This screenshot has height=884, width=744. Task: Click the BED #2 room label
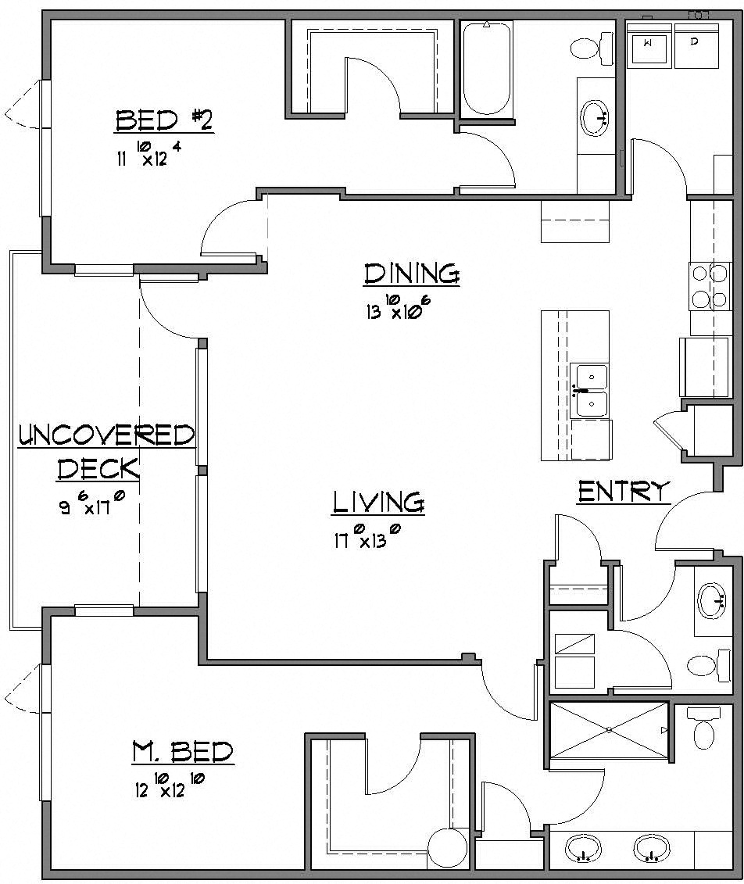click(x=164, y=121)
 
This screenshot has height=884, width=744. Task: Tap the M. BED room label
click(x=181, y=753)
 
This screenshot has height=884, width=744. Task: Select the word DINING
click(x=411, y=274)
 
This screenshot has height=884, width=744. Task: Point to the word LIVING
click(x=379, y=502)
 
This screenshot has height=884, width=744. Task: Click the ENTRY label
click(x=624, y=492)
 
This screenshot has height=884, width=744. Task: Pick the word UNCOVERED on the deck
click(x=106, y=435)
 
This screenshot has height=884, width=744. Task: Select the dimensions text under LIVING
click(x=367, y=539)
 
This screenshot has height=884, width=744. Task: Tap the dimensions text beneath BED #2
click(x=149, y=156)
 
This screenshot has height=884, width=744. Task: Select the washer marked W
click(x=649, y=45)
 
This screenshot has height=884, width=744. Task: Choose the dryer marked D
click(x=696, y=45)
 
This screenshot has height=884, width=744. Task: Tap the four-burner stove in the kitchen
click(x=710, y=286)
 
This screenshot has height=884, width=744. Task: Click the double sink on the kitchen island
click(x=590, y=391)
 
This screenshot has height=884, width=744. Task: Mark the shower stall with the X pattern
click(x=609, y=730)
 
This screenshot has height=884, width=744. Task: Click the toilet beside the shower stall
click(x=704, y=728)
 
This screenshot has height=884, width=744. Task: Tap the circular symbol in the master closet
click(x=447, y=847)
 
